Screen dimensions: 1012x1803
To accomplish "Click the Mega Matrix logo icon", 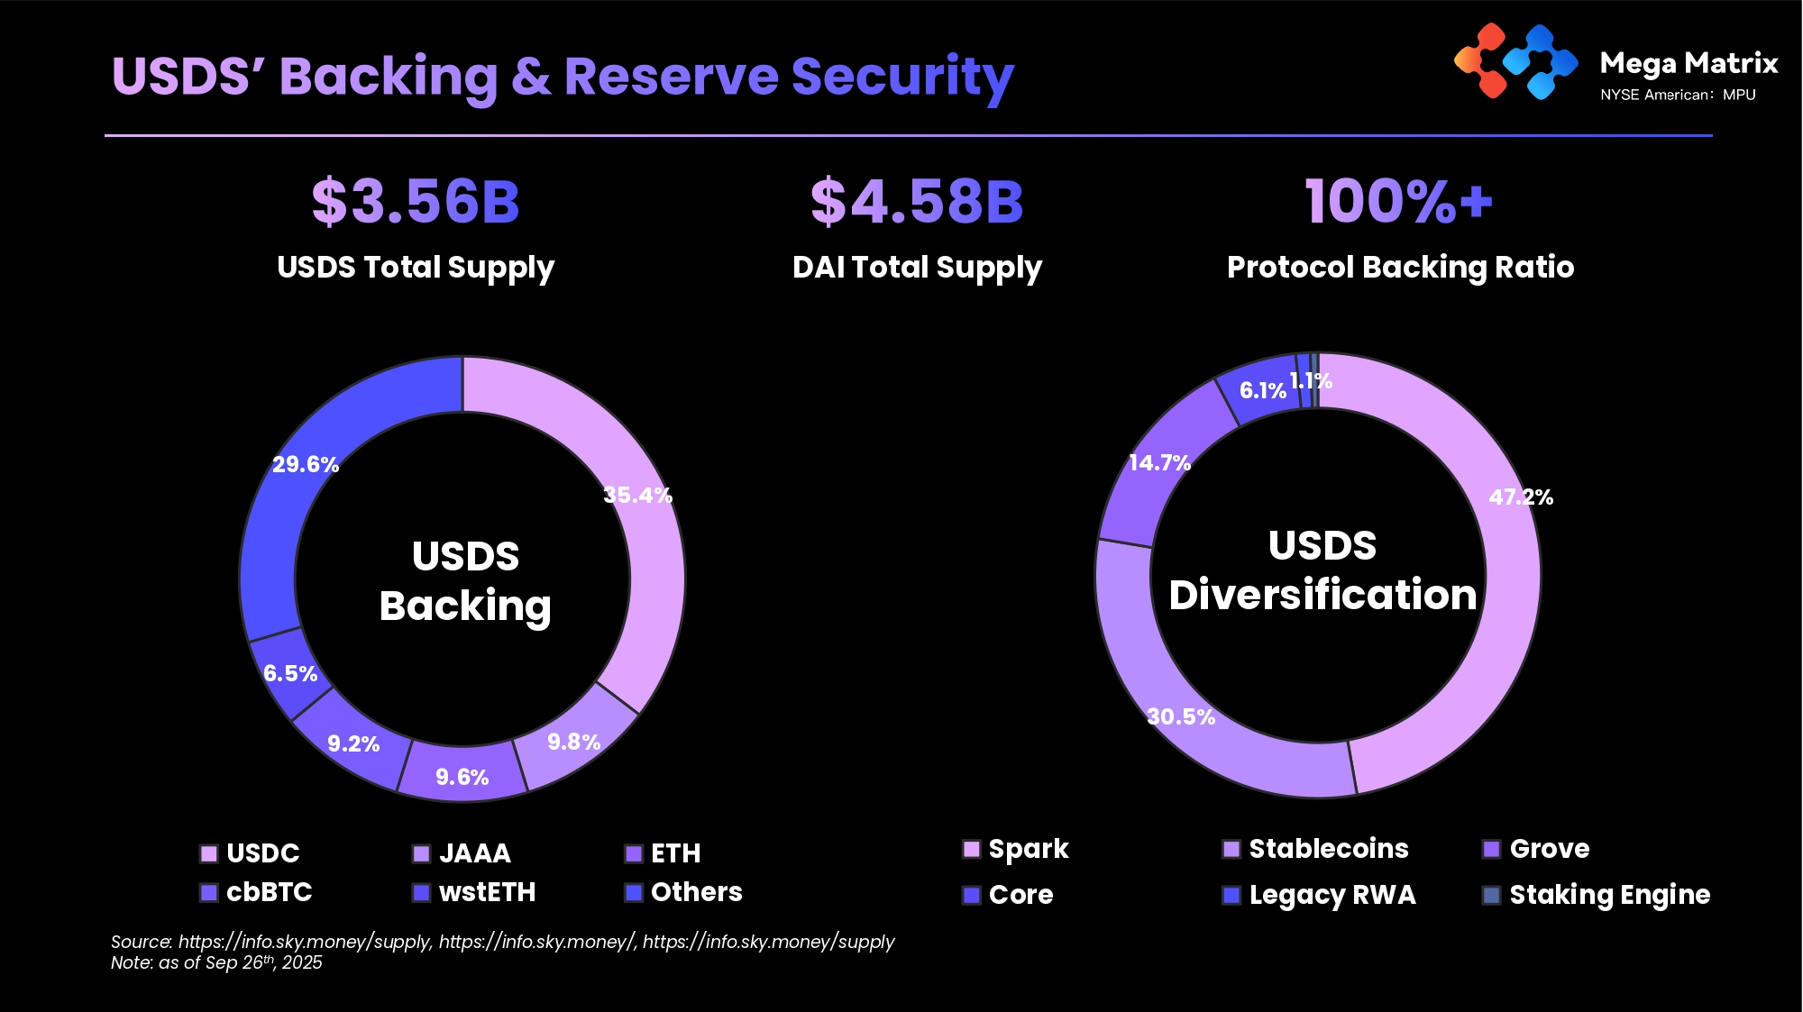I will click(x=1515, y=61).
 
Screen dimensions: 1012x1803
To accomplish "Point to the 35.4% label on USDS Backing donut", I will click(x=637, y=495).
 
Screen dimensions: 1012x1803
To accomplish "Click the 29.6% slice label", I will click(x=306, y=464).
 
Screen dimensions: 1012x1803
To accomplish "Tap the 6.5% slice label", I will click(x=290, y=673).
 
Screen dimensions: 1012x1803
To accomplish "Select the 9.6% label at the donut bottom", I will click(x=462, y=777).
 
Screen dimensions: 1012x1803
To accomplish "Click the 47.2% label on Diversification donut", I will click(x=1521, y=497).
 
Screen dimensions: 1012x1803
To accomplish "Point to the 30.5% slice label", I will click(x=1181, y=716).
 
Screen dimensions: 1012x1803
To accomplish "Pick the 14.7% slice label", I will click(x=1159, y=462).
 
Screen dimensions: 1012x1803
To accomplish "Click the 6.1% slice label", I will click(x=1262, y=390).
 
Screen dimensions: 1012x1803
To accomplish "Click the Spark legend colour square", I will click(x=972, y=849).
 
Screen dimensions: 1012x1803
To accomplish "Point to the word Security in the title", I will click(x=902, y=76).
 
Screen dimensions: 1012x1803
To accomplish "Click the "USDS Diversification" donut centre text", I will click(x=1323, y=570).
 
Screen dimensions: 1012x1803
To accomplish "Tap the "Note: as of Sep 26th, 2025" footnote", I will click(x=216, y=962).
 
